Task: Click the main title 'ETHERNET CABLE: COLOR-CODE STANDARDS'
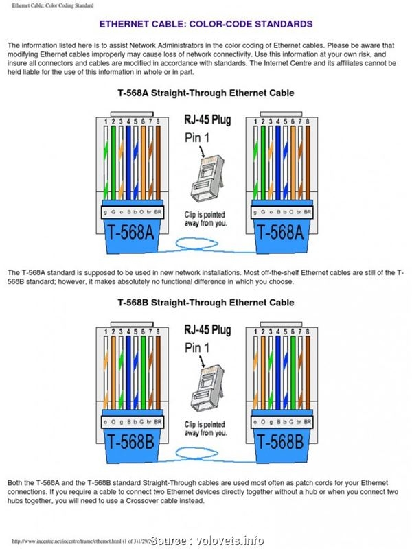(x=206, y=24)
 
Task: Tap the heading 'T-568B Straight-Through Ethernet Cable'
(x=206, y=302)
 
